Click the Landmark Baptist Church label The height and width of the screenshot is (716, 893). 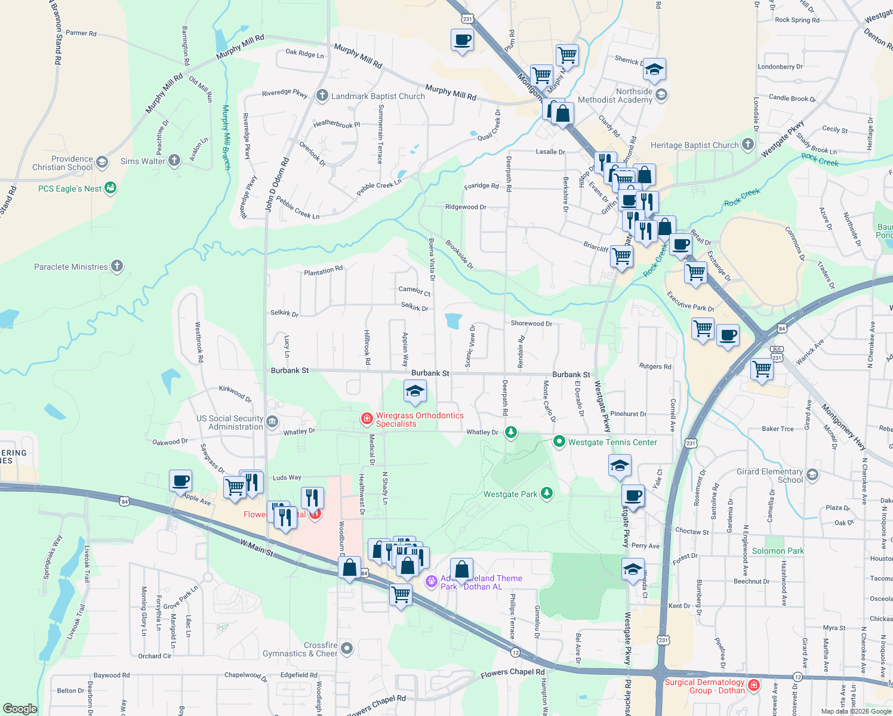pyautogui.click(x=378, y=96)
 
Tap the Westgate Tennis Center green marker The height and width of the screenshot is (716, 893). pyautogui.click(x=559, y=442)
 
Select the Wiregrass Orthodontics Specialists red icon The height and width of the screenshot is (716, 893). pyautogui.click(x=367, y=419)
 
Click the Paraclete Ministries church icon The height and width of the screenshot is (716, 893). pyautogui.click(x=117, y=266)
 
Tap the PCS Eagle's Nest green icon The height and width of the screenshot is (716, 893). pyautogui.click(x=110, y=188)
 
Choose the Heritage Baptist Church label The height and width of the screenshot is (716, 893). pyautogui.click(x=694, y=145)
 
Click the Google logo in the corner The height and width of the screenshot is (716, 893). pyautogui.click(x=20, y=709)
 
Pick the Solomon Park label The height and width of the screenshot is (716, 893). pyautogui.click(x=778, y=551)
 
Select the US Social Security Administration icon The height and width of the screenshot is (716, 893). pyautogui.click(x=272, y=422)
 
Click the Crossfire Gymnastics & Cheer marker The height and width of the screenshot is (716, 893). pyautogui.click(x=347, y=649)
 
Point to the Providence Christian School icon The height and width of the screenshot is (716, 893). pyautogui.click(x=102, y=162)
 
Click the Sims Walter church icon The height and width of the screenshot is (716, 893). pyautogui.click(x=174, y=160)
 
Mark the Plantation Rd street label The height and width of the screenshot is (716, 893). pyautogui.click(x=324, y=271)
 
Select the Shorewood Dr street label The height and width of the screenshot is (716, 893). pyautogui.click(x=531, y=323)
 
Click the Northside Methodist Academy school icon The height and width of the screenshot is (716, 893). pyautogui.click(x=661, y=95)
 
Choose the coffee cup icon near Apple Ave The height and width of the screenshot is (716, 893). pyautogui.click(x=181, y=480)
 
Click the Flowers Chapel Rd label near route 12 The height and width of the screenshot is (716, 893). pyautogui.click(x=513, y=674)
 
